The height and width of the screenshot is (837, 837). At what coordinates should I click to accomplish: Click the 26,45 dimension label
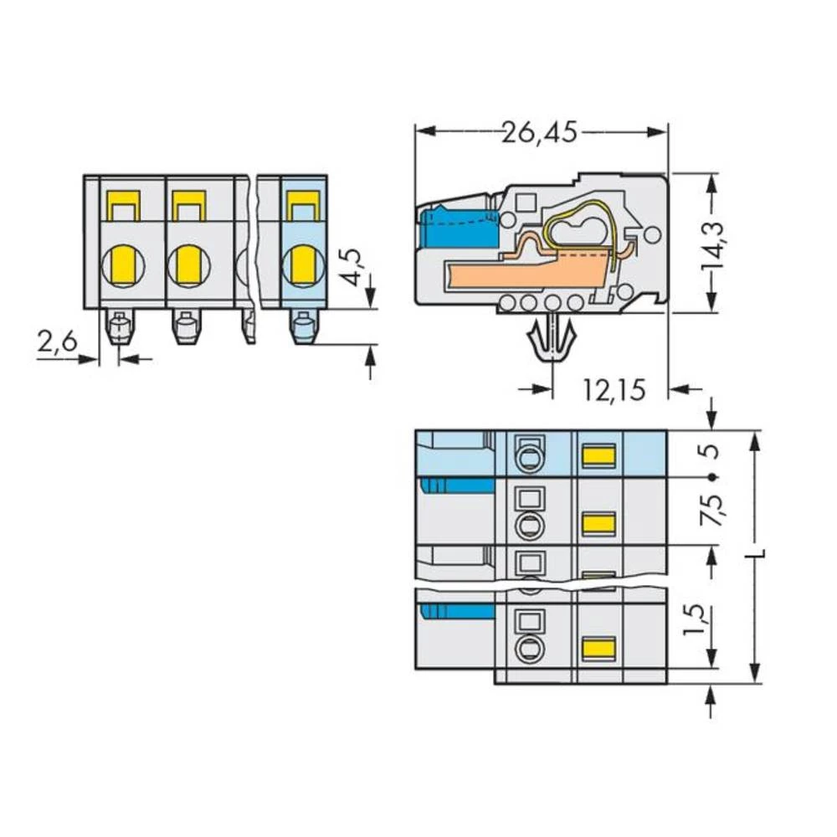(540, 132)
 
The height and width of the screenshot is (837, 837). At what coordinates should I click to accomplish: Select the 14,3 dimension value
(713, 244)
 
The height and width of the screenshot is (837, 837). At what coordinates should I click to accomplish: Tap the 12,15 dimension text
(614, 389)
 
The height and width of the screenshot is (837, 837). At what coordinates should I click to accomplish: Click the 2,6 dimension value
(58, 341)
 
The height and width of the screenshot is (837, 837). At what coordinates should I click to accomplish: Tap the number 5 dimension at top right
(711, 451)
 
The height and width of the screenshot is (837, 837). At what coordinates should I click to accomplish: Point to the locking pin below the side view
(551, 340)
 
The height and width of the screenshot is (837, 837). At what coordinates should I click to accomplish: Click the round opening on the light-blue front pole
(302, 266)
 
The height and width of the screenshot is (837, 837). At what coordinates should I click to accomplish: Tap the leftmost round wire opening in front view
(122, 266)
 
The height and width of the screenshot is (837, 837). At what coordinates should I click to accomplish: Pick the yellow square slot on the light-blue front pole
(303, 202)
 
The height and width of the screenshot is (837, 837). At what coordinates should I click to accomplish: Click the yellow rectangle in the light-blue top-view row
(598, 456)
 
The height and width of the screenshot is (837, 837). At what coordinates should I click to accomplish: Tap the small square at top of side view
(526, 202)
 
